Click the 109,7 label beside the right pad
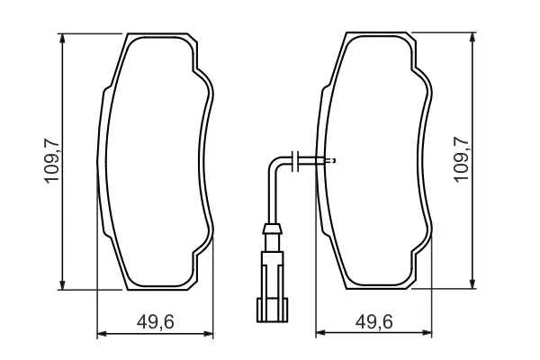pyautogui.click(x=462, y=159)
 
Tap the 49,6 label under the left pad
pyautogui.click(x=156, y=322)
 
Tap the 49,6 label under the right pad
pyautogui.click(x=374, y=322)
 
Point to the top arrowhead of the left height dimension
pyautogui.click(x=62, y=38)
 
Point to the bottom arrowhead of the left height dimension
pyautogui.click(x=62, y=284)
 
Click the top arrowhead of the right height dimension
pyautogui.click(x=472, y=37)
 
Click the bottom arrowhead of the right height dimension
pyautogui.click(x=472, y=283)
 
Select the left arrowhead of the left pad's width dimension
pyautogui.click(x=102, y=334)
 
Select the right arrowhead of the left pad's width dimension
pyautogui.click(x=209, y=334)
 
